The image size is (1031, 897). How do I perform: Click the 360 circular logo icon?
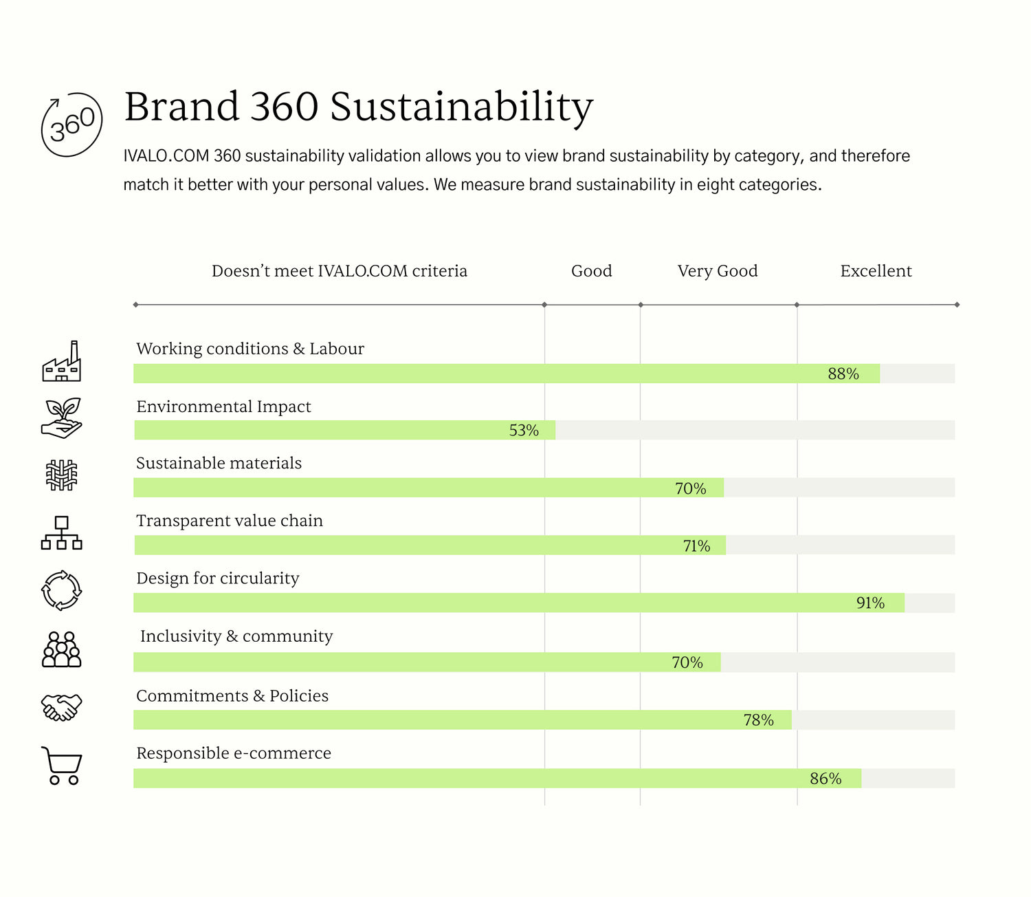pyautogui.click(x=71, y=125)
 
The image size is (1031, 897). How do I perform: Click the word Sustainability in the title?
pyautogui.click(x=461, y=107)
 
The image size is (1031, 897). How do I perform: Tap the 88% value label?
pyautogui.click(x=843, y=374)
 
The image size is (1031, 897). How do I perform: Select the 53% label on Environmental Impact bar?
pyautogui.click(x=524, y=431)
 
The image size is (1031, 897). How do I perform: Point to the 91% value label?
pyautogui.click(x=870, y=603)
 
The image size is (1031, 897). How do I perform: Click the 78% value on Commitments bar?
pyautogui.click(x=758, y=720)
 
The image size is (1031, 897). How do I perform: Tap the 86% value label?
pyautogui.click(x=825, y=779)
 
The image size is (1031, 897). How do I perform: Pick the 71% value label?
pyautogui.click(x=696, y=546)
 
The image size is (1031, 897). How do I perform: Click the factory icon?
pyautogui.click(x=62, y=362)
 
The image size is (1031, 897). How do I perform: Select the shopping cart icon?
pyautogui.click(x=62, y=766)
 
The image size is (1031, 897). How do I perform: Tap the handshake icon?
pyautogui.click(x=62, y=707)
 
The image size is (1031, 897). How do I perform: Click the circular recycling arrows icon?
pyautogui.click(x=62, y=590)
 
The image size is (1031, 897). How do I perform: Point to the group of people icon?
pyautogui.click(x=62, y=649)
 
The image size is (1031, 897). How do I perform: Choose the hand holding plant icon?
pyautogui.click(x=62, y=418)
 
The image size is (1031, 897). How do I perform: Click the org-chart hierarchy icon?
pyautogui.click(x=62, y=533)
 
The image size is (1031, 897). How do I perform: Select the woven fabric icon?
pyautogui.click(x=62, y=475)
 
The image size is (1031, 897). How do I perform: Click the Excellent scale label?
pyautogui.click(x=876, y=271)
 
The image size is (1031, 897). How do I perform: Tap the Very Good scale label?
pyautogui.click(x=718, y=271)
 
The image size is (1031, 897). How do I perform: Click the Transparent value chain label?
pyautogui.click(x=230, y=521)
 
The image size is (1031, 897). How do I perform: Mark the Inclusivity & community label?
pyautogui.click(x=236, y=636)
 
